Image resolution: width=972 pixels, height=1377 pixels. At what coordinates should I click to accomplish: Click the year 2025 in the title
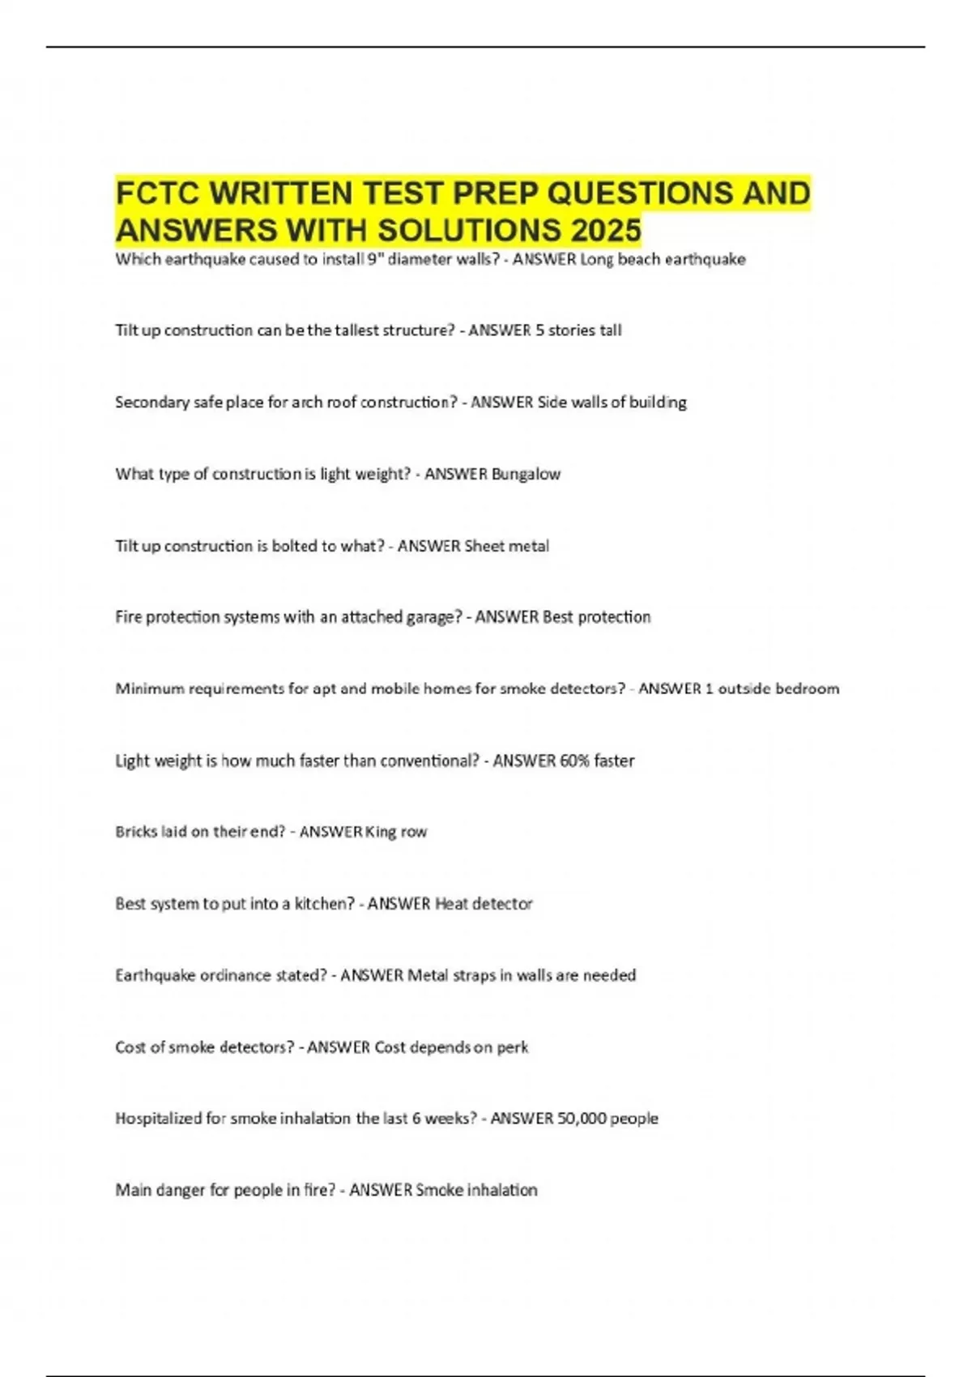(606, 231)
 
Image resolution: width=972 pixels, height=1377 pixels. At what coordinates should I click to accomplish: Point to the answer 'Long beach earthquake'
(663, 259)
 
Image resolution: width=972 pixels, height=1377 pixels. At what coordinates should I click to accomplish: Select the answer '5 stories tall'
(578, 330)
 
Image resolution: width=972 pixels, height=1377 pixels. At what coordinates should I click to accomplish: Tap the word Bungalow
(526, 474)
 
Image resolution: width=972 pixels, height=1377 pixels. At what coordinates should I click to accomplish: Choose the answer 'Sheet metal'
(506, 546)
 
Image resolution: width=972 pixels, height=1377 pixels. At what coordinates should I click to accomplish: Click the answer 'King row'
(396, 832)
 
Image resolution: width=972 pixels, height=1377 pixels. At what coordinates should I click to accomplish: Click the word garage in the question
(432, 617)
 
